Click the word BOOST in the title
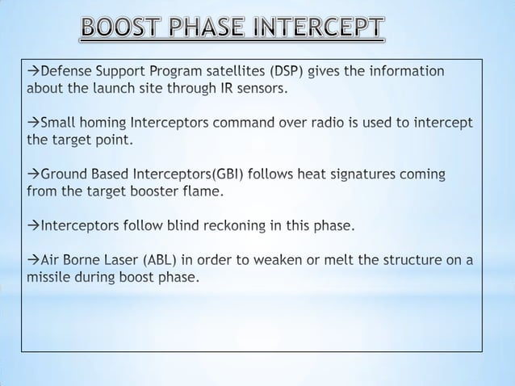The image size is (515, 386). pos(126,30)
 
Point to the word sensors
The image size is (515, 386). pos(259,88)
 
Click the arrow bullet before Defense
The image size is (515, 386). pos(33,71)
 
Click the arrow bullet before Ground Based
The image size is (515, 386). pos(33,174)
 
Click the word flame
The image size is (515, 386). pos(201,191)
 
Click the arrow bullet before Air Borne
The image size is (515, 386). pos(33,260)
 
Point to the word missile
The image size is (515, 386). pos(51,277)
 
